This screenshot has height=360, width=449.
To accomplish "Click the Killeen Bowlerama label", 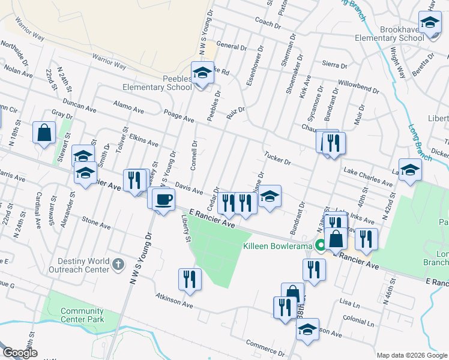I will [x=281, y=246].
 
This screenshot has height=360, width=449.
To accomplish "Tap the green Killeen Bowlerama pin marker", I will [x=321, y=245].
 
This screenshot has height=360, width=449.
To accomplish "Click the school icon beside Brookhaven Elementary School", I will [x=430, y=23].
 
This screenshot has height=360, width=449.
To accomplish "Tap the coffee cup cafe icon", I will [x=162, y=199].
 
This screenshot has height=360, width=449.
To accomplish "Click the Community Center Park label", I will [x=82, y=315].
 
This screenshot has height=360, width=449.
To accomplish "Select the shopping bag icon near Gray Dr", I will [x=44, y=132].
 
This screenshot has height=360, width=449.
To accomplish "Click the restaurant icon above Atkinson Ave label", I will [x=189, y=279].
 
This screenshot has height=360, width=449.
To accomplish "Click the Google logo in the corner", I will [x=20, y=353].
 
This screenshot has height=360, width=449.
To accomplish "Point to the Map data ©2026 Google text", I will [x=411, y=355].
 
